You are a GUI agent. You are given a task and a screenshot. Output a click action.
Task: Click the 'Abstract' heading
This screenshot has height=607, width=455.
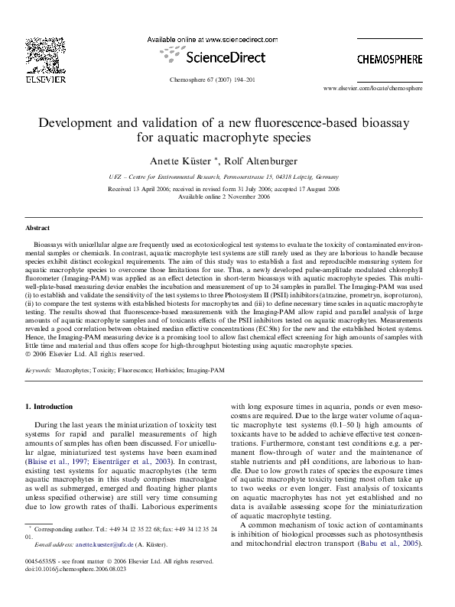click(37, 228)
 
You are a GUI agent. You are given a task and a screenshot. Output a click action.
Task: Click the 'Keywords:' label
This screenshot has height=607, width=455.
click(38, 369)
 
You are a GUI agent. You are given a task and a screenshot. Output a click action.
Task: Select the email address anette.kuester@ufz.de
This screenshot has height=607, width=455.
click(89, 566)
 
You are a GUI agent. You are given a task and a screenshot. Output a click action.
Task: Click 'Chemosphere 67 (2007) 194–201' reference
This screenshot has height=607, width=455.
click(227, 79)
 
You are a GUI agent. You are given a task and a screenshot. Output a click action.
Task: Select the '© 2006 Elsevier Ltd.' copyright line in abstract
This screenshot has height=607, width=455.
click(80, 353)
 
